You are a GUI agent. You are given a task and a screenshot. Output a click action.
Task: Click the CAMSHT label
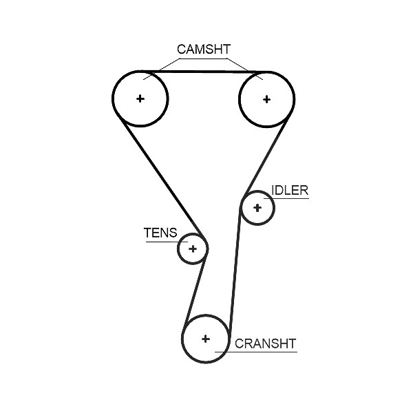point(204,50)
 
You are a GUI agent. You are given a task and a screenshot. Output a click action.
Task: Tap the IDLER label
point(290,190)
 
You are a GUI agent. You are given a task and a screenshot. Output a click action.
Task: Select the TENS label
point(160,233)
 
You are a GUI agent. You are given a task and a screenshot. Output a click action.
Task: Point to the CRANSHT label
point(265,343)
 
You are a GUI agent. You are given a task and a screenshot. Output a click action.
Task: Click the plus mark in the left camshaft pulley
point(140,98)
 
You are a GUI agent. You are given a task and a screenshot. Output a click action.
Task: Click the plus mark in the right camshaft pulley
point(266,99)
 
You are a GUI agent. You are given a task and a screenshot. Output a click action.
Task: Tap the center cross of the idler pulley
point(257,208)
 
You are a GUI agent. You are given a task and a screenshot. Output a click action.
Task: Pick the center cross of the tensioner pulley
point(193,248)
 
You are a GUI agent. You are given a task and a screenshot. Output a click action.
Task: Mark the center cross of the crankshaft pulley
point(205,339)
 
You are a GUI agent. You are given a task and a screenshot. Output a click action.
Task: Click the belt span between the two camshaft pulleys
point(203,72)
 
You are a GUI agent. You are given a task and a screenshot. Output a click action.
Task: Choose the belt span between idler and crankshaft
point(235,269)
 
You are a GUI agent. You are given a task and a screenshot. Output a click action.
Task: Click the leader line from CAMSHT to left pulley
point(161,69)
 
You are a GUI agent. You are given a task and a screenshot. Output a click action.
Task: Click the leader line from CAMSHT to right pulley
point(245,69)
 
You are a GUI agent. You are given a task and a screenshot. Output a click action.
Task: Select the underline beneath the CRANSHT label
point(256,352)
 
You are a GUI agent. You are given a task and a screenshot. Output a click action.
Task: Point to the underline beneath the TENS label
point(167,242)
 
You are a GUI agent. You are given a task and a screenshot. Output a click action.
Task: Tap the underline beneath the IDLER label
point(286,198)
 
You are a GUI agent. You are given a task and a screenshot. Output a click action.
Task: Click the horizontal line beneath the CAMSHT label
point(203,59)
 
